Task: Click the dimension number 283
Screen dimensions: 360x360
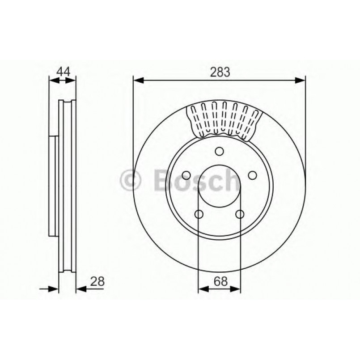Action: click(219, 72)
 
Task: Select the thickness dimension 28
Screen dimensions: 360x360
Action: click(98, 281)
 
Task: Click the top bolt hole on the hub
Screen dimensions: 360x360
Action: click(219, 151)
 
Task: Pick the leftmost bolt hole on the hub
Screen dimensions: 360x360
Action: click(186, 175)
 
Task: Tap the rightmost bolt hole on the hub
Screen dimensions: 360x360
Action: click(252, 175)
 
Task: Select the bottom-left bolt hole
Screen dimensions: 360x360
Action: click(199, 214)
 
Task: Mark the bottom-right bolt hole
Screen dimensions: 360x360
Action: click(240, 214)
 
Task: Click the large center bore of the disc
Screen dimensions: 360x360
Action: click(219, 186)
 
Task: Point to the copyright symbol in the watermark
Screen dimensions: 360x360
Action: click(131, 181)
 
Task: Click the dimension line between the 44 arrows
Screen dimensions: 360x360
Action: click(62, 80)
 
